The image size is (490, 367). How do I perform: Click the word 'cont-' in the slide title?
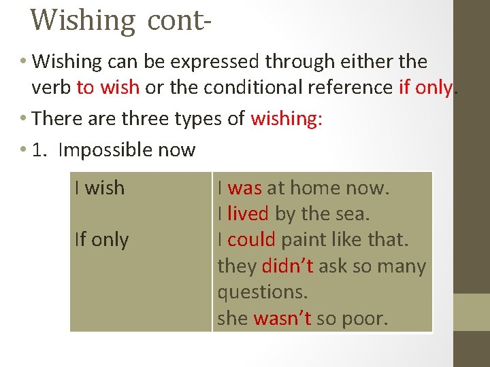[174, 20]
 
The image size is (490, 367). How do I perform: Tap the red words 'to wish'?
[108, 88]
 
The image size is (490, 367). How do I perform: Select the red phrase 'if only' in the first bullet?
[425, 88]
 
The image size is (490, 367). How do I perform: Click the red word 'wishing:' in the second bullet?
[287, 119]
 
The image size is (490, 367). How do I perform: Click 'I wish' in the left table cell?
[99, 188]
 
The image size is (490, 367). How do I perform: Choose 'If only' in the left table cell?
[101, 239]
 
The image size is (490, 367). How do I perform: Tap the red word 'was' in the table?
[245, 188]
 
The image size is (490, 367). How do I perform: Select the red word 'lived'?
[248, 213]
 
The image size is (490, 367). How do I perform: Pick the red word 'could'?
[251, 239]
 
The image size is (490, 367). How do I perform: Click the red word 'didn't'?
[287, 266]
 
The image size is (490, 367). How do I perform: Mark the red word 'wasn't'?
[282, 318]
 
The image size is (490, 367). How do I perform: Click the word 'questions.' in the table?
[263, 292]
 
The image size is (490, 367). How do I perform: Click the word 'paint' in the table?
[304, 239]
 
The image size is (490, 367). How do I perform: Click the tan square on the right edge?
[472, 312]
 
